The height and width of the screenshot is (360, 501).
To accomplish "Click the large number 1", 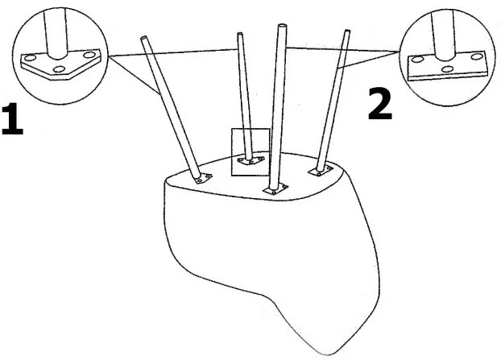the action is pos(12,118).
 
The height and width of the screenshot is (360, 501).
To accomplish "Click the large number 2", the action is pos(380,104).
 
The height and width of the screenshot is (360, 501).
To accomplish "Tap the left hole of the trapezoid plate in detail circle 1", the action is pos(30,58).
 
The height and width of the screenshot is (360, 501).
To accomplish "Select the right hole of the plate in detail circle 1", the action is pos(89,55).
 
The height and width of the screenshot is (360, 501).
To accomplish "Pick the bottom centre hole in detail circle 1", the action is pos(59,69).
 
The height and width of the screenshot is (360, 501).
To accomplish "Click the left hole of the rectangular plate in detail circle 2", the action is pos(416,59).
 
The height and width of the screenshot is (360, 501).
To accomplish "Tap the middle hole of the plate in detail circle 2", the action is pos(447,68).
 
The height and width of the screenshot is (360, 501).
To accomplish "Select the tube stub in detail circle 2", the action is pos(444,35).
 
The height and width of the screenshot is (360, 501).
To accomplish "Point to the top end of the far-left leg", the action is pos(143,38).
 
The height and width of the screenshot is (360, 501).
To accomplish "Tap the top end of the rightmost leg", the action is pos(347,31).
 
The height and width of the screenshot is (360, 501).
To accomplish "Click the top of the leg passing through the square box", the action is pos(240,34).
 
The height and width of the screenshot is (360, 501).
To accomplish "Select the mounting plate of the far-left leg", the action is pos(201,178).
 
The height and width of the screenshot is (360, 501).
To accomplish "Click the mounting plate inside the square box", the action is pos(250,160).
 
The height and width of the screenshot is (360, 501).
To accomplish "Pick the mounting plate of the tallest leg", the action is pos(275,189).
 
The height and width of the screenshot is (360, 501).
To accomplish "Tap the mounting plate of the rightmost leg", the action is pos(321,171).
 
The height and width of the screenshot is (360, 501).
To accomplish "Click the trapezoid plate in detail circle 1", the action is pos(60,64).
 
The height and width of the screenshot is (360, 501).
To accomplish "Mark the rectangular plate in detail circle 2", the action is pos(447,66).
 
